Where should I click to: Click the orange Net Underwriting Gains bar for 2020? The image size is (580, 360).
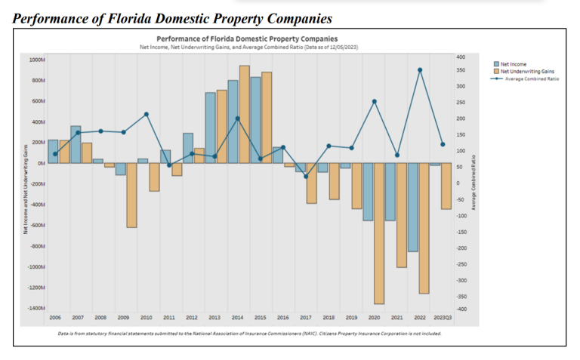tap(379, 233)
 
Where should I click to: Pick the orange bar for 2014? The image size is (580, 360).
tap(244, 114)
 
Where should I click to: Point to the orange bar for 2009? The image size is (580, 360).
tap(131, 195)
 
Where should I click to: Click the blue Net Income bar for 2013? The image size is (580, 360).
tap(210, 128)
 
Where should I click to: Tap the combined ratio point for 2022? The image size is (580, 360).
tap(420, 70)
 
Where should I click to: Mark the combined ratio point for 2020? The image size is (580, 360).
tap(375, 101)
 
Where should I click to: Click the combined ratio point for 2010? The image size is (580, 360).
tap(147, 114)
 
